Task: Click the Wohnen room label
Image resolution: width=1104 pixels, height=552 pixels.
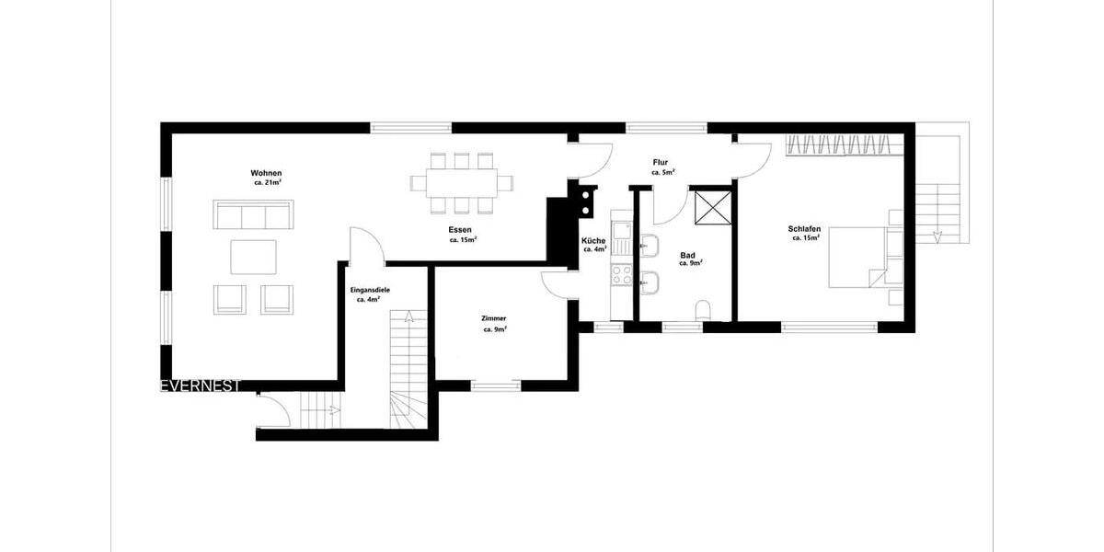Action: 266,173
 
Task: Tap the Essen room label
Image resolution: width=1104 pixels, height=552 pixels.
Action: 461,229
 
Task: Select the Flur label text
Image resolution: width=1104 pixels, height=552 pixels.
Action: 660,162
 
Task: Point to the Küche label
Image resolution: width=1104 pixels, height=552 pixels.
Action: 593,241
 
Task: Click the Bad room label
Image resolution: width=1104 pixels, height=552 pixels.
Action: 687,255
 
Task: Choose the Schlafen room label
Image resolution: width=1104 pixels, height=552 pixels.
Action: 804,229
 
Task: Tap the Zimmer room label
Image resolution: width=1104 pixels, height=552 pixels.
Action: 494,318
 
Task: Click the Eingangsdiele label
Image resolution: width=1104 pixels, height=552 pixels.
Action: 370,290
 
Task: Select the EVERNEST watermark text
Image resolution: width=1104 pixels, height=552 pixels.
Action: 201,386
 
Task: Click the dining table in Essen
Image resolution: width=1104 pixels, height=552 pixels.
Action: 461,182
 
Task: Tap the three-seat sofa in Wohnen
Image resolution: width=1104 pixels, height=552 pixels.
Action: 253,215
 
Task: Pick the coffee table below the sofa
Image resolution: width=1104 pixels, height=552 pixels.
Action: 253,257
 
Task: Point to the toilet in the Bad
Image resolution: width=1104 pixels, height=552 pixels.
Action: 705,308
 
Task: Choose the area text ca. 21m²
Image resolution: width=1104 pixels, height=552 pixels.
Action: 267,183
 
